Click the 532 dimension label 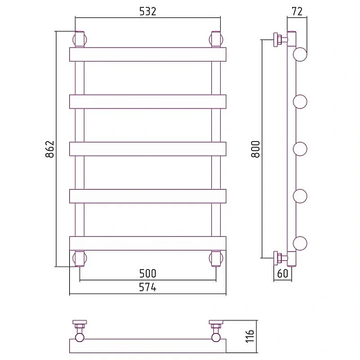[147, 11]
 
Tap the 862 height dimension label [50, 149]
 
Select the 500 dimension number [147, 273]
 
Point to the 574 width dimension [147, 287]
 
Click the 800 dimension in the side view [255, 149]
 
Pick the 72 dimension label [297, 11]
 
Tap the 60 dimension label [282, 273]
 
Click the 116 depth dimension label [250, 336]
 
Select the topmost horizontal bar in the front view [147, 55]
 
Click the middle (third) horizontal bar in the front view [147, 149]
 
